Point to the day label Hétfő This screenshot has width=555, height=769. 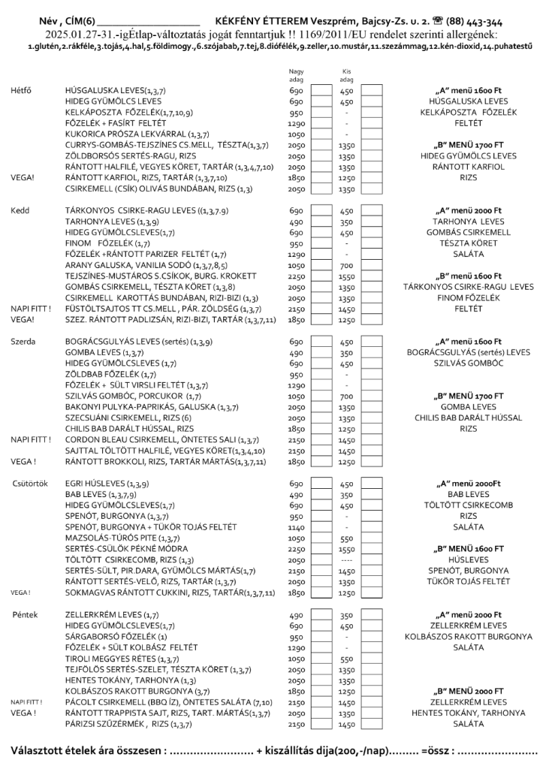point(22,90)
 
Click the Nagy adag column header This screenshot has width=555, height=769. point(295,76)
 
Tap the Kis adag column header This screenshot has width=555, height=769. point(346,76)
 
